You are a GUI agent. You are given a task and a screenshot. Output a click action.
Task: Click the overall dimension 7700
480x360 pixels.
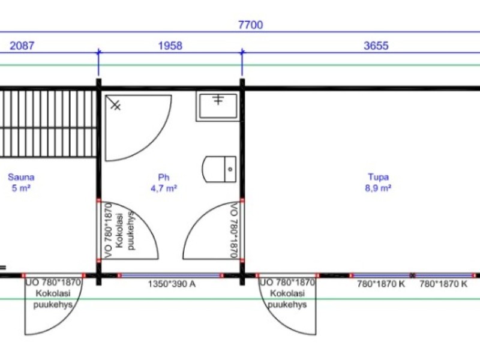[250, 25]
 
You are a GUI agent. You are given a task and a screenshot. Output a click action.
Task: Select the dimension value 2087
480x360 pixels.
[22, 46]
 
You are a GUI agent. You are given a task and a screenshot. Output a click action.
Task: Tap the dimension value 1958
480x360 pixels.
[170, 46]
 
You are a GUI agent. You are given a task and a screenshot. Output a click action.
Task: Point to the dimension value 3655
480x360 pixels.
[376, 46]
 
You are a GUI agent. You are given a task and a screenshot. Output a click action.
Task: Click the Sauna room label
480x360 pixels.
[21, 177]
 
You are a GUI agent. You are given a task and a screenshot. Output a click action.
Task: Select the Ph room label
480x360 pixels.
[164, 177]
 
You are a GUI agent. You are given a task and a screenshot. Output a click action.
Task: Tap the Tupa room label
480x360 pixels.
[379, 177]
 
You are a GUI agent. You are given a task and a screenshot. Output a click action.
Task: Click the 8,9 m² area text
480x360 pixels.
[378, 188]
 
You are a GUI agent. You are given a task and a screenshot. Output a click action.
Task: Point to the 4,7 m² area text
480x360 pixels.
[164, 188]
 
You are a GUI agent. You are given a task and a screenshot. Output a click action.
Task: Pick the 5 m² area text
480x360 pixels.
[21, 188]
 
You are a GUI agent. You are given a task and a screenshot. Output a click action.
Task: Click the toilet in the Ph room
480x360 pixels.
[219, 169]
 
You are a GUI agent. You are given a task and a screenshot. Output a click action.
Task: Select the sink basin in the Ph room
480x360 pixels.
[218, 106]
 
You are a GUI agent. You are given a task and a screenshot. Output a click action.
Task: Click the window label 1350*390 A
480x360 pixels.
[172, 284]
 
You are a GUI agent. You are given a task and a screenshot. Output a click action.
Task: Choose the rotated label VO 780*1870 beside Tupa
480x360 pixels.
[234, 230]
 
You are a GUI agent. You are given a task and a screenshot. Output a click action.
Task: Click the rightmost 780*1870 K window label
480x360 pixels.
[443, 284]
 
